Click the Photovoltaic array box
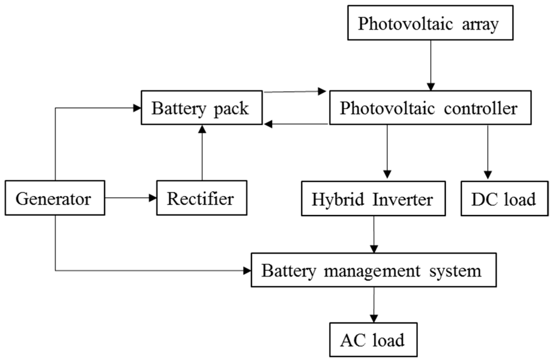click(430, 23)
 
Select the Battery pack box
click(202, 108)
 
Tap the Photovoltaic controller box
click(430, 108)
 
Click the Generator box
click(55, 198)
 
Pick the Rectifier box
click(202, 198)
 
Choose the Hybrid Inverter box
click(373, 199)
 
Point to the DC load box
click(504, 199)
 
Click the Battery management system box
click(374, 270)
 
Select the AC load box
click(373, 340)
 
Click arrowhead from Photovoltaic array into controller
click(431, 87)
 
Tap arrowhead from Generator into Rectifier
click(153, 198)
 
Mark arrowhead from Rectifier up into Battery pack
click(202, 129)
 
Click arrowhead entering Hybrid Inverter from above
click(387, 174)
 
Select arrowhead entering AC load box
click(374, 318)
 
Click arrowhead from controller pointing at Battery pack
click(268, 124)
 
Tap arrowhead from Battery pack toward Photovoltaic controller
click(322, 91)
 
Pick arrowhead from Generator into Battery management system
click(247, 270)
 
